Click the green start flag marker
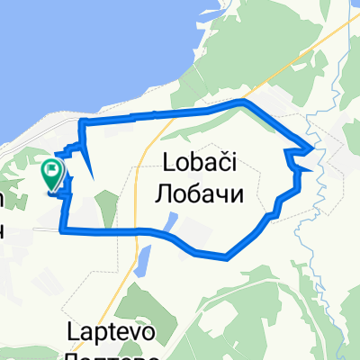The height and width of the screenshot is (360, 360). pos(52,170)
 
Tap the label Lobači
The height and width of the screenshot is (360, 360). pos(206,163)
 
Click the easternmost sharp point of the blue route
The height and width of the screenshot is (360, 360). pos(314,146)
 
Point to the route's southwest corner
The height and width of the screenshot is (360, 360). pos(62,231)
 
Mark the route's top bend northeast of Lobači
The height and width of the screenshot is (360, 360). pos(241,103)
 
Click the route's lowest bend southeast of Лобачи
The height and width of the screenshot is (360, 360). pos(226,256)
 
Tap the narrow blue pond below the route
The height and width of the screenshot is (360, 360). pos(140,262)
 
